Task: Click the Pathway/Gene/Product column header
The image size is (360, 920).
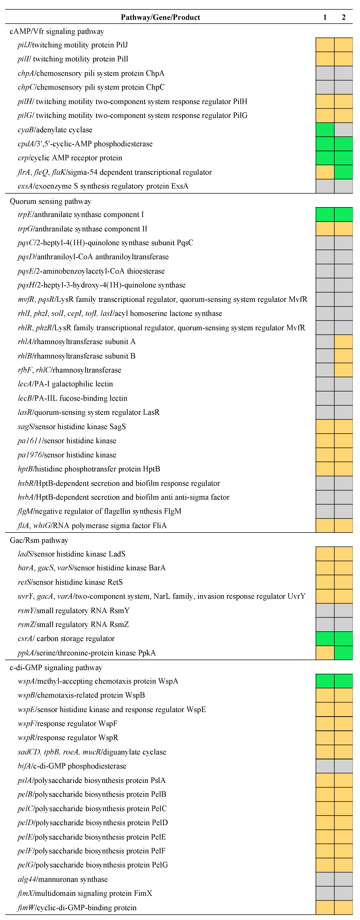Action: [160, 17]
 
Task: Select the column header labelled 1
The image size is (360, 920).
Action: [325, 17]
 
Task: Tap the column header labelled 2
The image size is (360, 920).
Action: [344, 17]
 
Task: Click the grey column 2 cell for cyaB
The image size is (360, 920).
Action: [344, 130]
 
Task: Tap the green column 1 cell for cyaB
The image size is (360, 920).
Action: [325, 130]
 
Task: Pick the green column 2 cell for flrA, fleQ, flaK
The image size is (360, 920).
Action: [344, 172]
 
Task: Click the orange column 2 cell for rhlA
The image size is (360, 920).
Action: [344, 342]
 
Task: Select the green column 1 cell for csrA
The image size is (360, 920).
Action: [325, 639]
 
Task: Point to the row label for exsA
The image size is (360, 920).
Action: [103, 186]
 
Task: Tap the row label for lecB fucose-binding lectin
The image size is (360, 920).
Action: [72, 398]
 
